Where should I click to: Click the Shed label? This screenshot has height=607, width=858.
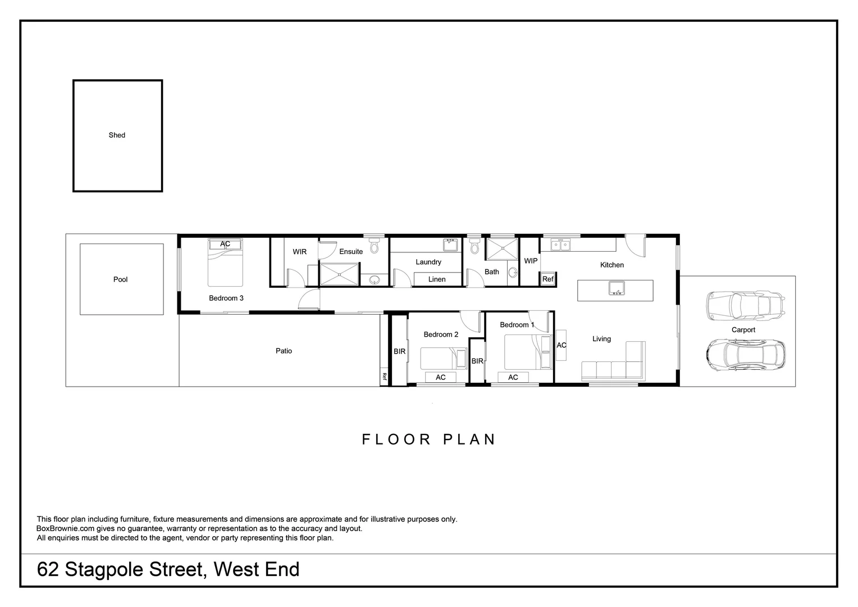[x=117, y=135]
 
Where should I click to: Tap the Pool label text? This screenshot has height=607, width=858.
[x=120, y=279]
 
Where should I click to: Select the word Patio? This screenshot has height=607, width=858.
[x=284, y=351]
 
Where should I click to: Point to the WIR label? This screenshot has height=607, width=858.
[x=299, y=251]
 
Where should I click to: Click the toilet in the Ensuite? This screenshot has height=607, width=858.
[x=375, y=246]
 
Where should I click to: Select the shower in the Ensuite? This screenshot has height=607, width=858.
[x=339, y=274]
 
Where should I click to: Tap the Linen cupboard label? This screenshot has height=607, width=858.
[x=437, y=279]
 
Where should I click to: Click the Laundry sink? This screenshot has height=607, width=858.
[x=450, y=244]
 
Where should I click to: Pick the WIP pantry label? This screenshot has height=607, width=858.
[x=531, y=261]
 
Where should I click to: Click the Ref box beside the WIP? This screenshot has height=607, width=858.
[x=547, y=279]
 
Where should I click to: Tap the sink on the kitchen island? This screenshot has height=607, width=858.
[x=616, y=289]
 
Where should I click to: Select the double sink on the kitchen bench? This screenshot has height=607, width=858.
[x=560, y=244]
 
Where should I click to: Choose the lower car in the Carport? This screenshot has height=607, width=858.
[x=745, y=354]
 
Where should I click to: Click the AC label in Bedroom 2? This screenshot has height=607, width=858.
[x=441, y=377]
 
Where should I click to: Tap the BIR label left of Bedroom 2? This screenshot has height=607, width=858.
[x=399, y=351]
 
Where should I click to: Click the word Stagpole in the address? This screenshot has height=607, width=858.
[x=133, y=569]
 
